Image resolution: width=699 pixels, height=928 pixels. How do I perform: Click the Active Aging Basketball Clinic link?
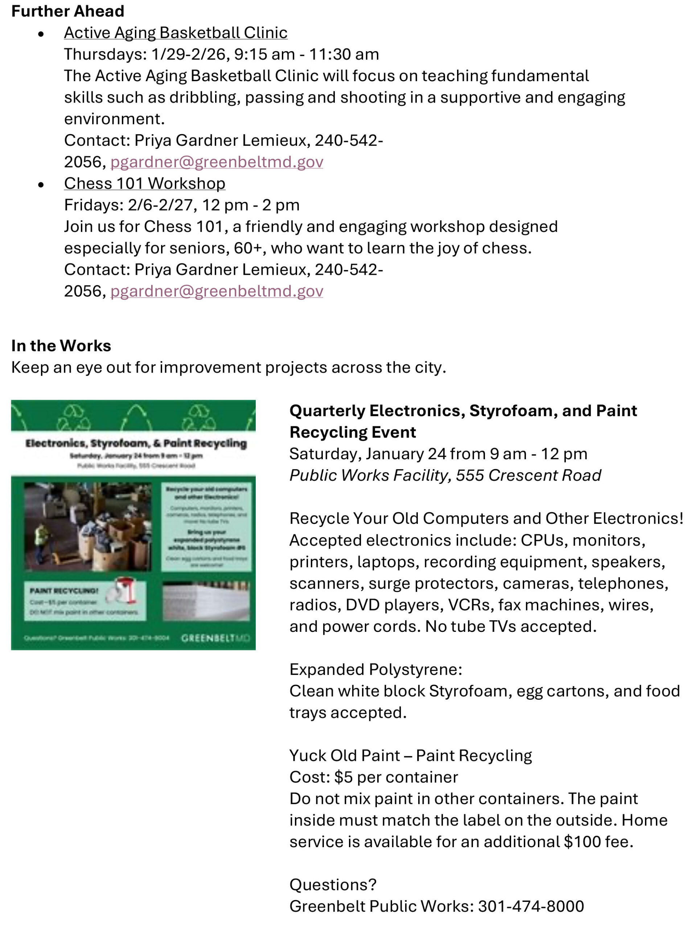[176, 33]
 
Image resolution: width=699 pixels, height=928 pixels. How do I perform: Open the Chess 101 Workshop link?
[144, 183]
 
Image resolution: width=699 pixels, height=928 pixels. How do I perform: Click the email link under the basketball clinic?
[217, 162]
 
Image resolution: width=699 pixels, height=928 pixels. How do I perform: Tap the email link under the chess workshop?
[217, 291]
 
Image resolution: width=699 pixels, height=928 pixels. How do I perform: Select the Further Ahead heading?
[67, 11]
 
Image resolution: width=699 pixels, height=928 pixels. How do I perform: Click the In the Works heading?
[61, 346]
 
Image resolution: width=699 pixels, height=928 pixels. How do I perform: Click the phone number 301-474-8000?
[531, 906]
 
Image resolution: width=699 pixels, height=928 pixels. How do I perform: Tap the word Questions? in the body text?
[333, 884]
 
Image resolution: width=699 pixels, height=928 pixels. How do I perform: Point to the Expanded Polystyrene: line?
[375, 669]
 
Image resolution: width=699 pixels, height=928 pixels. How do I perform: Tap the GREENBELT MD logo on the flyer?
[215, 638]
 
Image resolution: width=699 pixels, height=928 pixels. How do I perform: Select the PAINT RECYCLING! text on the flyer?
[64, 591]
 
